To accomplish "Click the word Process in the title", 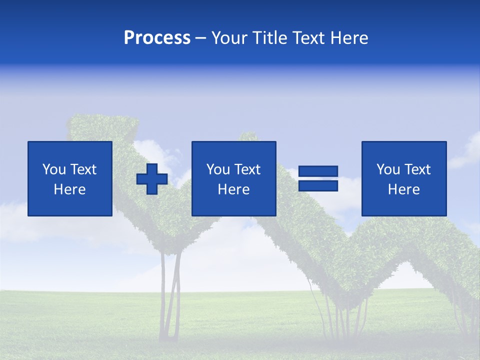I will (157, 38).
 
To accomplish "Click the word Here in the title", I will (349, 38).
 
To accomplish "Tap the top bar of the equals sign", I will (318, 171).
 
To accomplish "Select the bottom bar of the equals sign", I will (318, 186).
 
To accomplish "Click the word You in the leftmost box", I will (54, 169).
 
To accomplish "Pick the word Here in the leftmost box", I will (69, 189).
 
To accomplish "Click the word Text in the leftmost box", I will (83, 169).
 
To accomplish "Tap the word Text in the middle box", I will (247, 169).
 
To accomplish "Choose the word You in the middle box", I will (218, 169).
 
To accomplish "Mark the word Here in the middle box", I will (233, 189).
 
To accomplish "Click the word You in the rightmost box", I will (388, 169).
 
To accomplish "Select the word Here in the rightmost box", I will (403, 189).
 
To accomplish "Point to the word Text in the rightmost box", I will (417, 169).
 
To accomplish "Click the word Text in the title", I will (308, 38).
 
